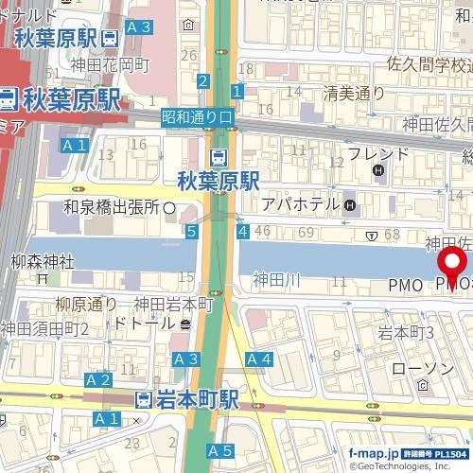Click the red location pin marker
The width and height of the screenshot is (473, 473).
tap(452, 266)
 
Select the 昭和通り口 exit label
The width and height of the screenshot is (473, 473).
tap(197, 117)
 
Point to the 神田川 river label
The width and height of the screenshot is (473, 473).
tap(276, 280)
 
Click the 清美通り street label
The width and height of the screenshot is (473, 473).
tap(354, 93)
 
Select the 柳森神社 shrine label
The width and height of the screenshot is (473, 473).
tap(43, 260)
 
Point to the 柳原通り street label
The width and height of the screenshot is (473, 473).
tap(86, 305)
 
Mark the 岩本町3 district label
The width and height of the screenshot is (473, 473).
tap(406, 332)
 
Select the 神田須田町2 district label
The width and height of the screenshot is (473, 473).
tap(45, 328)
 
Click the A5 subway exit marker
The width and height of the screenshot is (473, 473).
tap(220, 450)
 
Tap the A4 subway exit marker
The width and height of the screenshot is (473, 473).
tap(259, 359)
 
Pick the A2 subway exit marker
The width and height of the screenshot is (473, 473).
tap(98, 379)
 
